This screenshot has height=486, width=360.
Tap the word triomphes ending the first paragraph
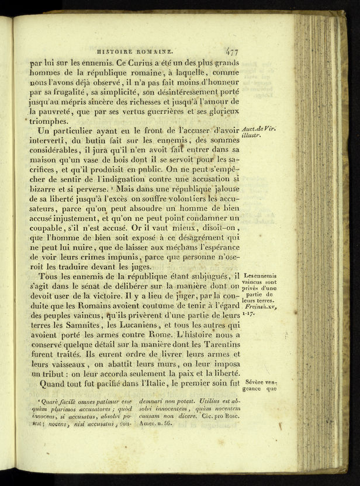[53, 121]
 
